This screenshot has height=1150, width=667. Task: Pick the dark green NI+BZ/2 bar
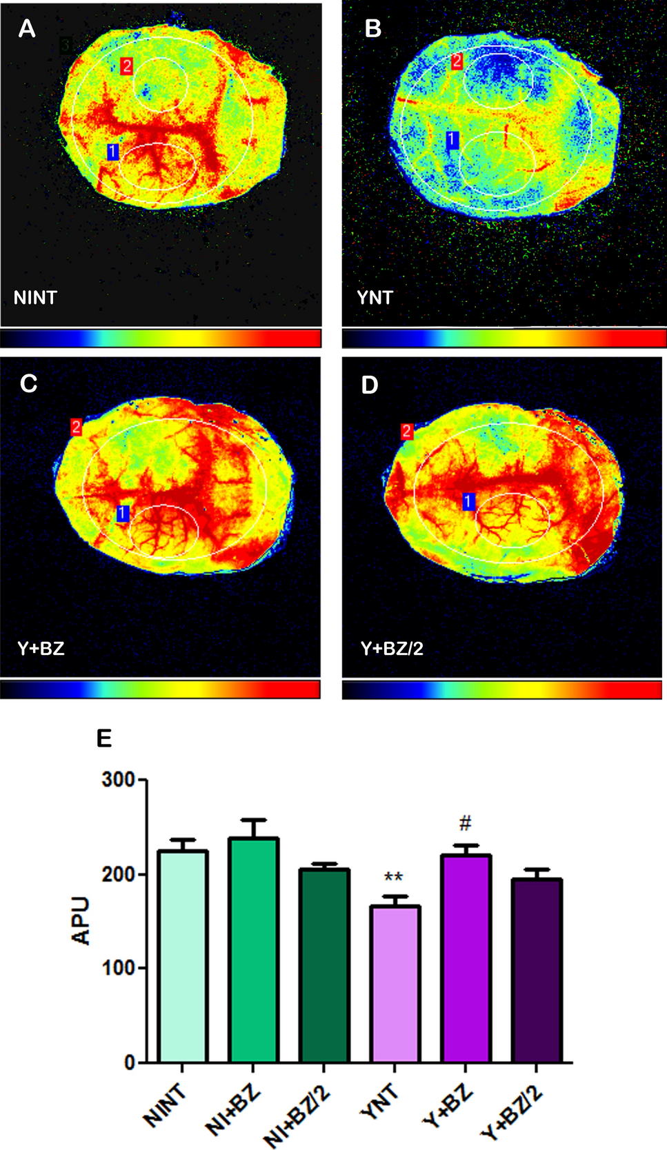(x=324, y=965)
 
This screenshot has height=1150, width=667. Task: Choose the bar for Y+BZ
(x=466, y=958)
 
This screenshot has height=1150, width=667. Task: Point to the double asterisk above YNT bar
(x=394, y=878)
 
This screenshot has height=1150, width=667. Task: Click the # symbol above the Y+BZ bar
(x=466, y=823)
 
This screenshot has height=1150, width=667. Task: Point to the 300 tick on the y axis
(x=119, y=780)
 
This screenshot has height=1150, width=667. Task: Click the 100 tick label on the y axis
(x=119, y=968)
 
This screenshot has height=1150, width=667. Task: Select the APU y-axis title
(x=81, y=920)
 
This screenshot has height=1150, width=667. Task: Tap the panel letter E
(x=104, y=738)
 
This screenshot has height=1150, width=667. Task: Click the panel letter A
(x=27, y=29)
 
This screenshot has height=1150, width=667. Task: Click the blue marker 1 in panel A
(x=113, y=152)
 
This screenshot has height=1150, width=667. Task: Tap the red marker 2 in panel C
(x=76, y=427)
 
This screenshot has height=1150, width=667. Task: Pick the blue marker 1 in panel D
(x=468, y=502)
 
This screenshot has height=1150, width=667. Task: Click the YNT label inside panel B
(x=375, y=298)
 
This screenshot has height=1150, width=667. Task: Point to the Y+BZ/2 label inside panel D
(x=392, y=648)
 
